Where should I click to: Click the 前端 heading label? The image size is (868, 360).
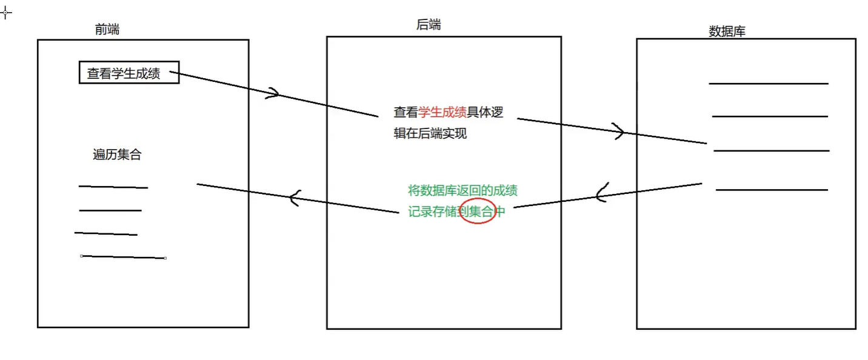click(107, 29)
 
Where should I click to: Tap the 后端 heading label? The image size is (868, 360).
click(429, 25)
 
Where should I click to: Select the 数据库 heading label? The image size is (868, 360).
click(727, 32)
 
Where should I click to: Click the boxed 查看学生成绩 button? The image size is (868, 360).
click(129, 73)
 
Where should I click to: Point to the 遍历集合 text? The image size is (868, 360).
click(117, 155)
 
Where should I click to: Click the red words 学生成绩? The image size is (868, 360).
click(442, 112)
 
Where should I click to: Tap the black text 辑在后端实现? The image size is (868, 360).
click(430, 134)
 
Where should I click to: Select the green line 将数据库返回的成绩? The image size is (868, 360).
click(463, 191)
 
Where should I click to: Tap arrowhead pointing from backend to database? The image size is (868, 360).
click(619, 132)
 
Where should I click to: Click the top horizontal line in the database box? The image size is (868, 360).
click(769, 84)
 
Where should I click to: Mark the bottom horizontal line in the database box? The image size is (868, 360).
click(772, 190)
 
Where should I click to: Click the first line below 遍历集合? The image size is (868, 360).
click(113, 187)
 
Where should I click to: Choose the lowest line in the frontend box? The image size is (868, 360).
click(124, 258)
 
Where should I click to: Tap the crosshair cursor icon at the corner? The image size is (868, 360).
click(5, 12)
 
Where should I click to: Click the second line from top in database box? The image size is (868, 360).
click(770, 116)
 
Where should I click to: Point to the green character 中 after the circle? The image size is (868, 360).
click(501, 212)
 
